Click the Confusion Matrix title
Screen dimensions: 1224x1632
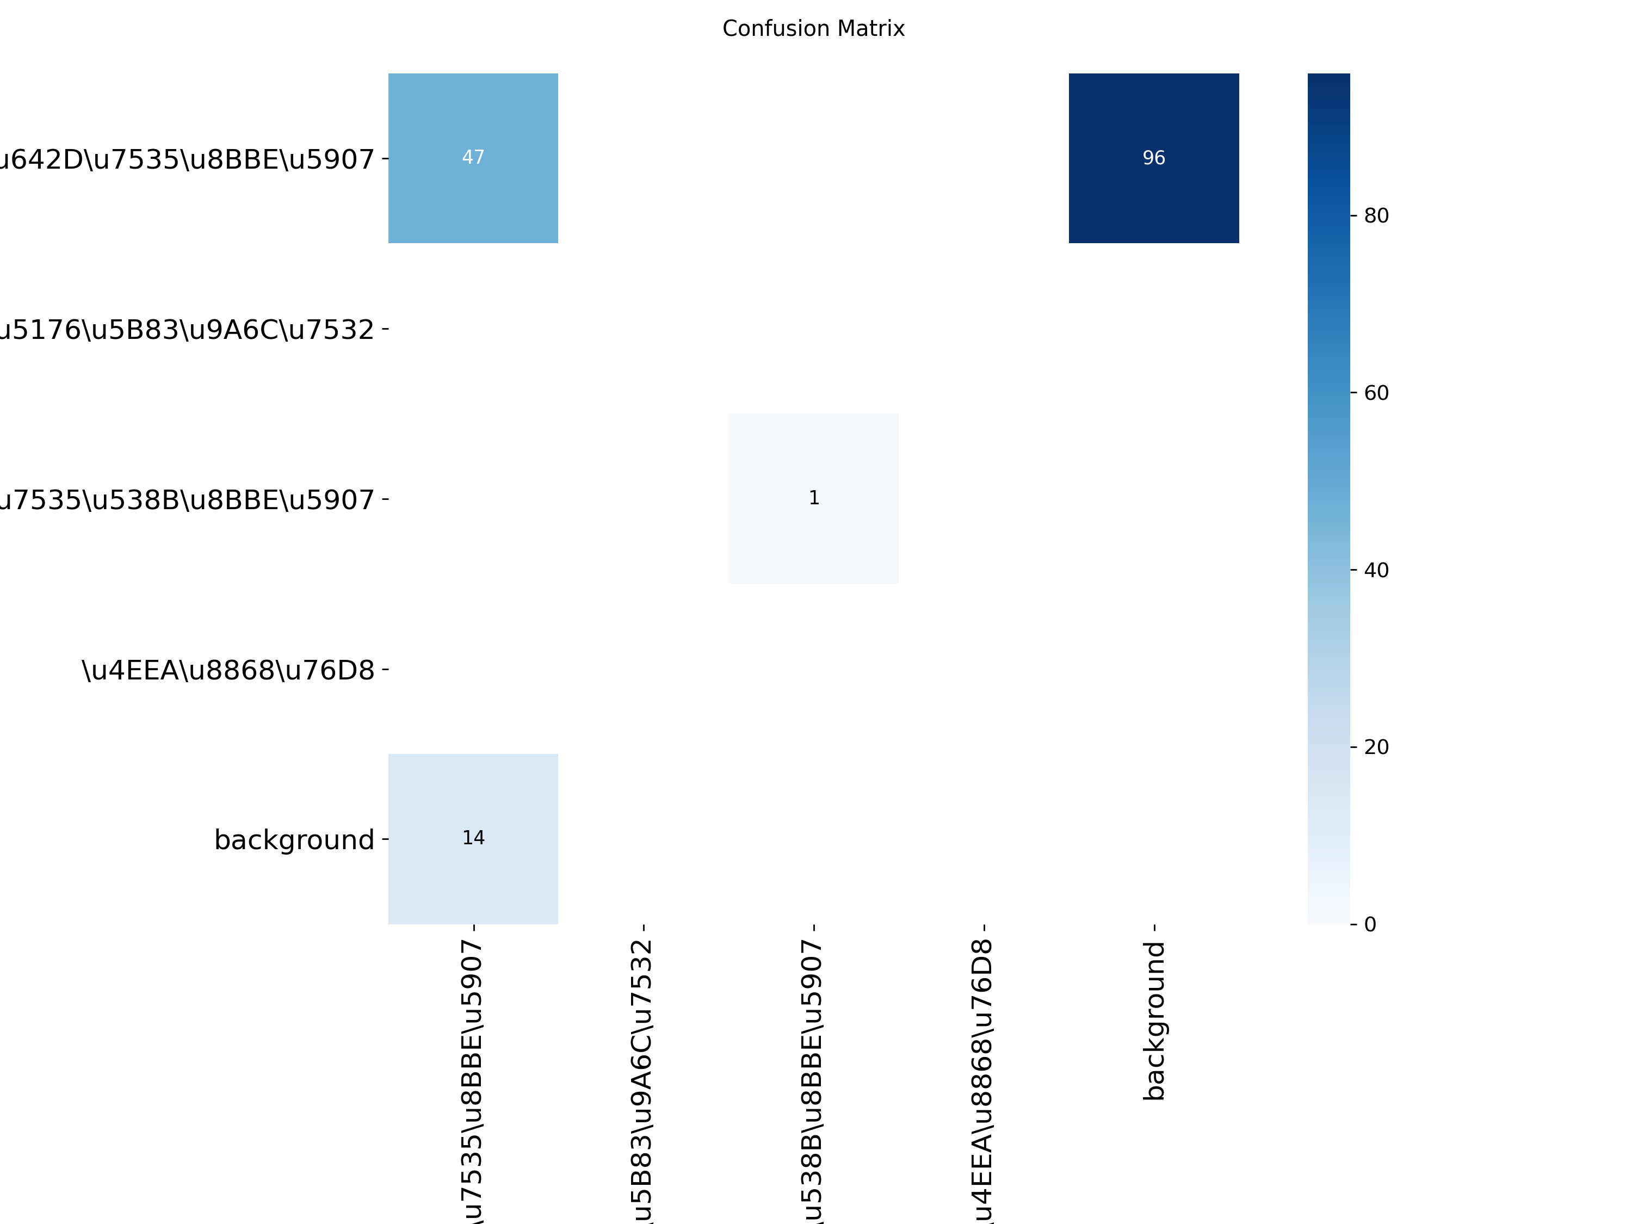[813, 29]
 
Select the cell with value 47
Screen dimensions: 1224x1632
[473, 158]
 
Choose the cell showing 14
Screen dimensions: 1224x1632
[473, 838]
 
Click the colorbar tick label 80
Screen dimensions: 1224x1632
[1376, 215]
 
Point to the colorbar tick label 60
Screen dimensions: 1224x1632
[1376, 393]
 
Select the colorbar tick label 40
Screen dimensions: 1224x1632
[1376, 570]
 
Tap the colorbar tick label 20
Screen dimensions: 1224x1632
[1376, 747]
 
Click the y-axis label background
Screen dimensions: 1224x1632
[294, 839]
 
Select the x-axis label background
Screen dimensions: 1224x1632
[1154, 1021]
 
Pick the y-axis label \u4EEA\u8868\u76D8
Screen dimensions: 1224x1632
[228, 670]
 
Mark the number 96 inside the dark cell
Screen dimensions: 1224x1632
[1153, 158]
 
